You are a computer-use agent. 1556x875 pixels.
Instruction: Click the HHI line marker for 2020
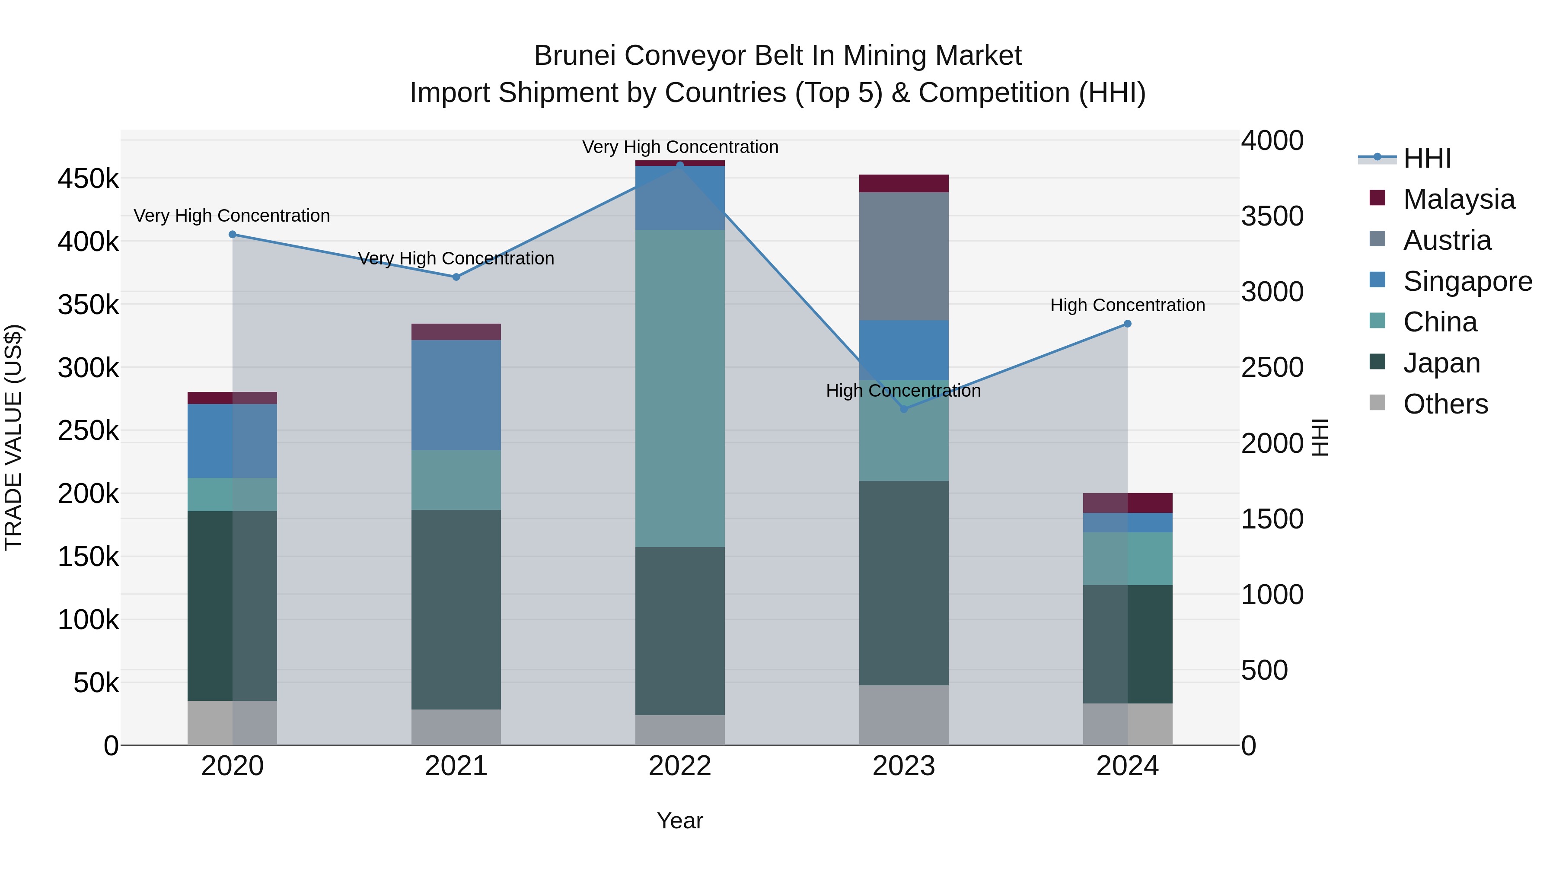click(233, 234)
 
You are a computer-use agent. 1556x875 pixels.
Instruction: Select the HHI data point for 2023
click(904, 409)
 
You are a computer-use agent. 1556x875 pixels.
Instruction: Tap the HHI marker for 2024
click(1127, 324)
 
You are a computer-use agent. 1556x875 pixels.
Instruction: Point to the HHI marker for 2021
click(456, 277)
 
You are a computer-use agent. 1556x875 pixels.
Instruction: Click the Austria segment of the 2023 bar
click(904, 256)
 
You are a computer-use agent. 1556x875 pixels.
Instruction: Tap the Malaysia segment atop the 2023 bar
click(904, 183)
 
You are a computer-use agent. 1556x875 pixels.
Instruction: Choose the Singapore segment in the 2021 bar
click(456, 395)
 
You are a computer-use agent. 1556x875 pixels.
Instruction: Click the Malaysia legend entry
click(1458, 199)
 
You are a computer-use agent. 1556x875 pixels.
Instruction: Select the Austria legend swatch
click(1377, 239)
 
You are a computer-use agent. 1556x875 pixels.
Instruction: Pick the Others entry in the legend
click(1445, 404)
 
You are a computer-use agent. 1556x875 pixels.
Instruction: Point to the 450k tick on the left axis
click(88, 179)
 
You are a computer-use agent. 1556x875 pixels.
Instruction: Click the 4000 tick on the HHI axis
click(1272, 141)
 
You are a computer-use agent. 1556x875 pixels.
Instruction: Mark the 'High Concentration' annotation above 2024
click(1127, 305)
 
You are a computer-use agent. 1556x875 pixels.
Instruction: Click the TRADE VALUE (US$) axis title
click(13, 437)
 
